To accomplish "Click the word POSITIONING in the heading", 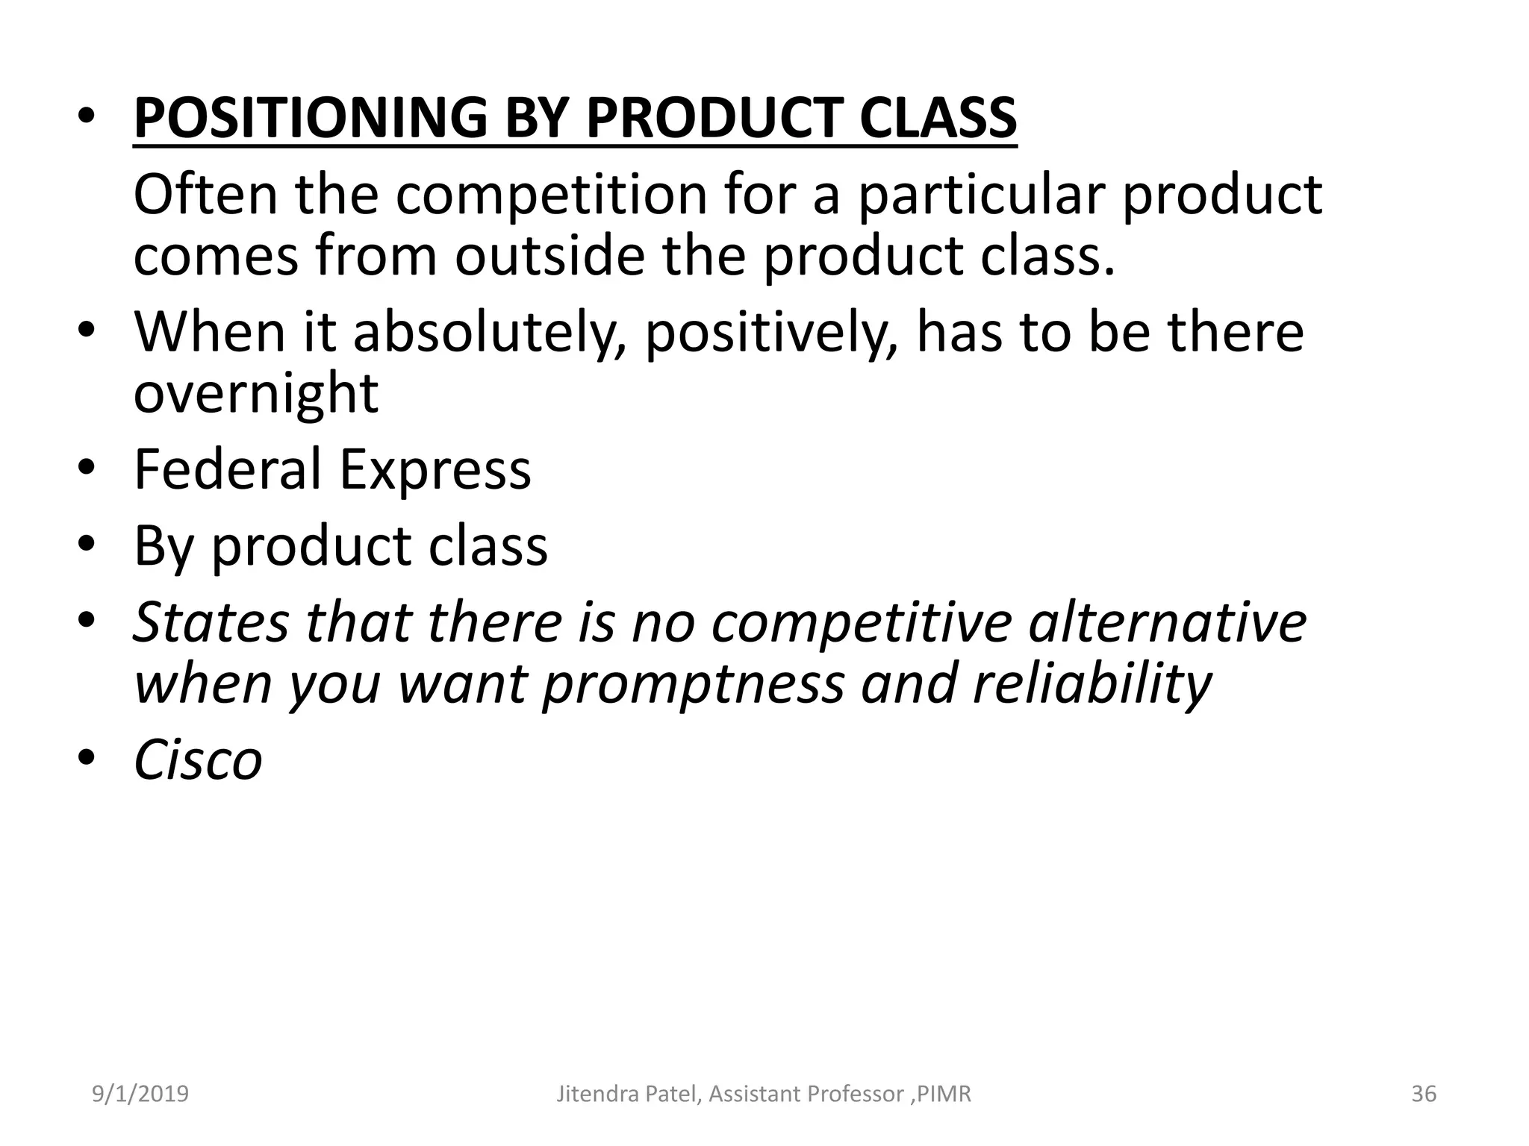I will coord(310,119).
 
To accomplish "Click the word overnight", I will coord(256,395).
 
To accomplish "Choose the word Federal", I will coord(227,469).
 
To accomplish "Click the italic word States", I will coord(210,622).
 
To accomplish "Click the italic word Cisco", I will coord(198,760).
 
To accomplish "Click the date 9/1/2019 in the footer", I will coord(140,1095).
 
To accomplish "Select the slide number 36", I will coord(1424,1095).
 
